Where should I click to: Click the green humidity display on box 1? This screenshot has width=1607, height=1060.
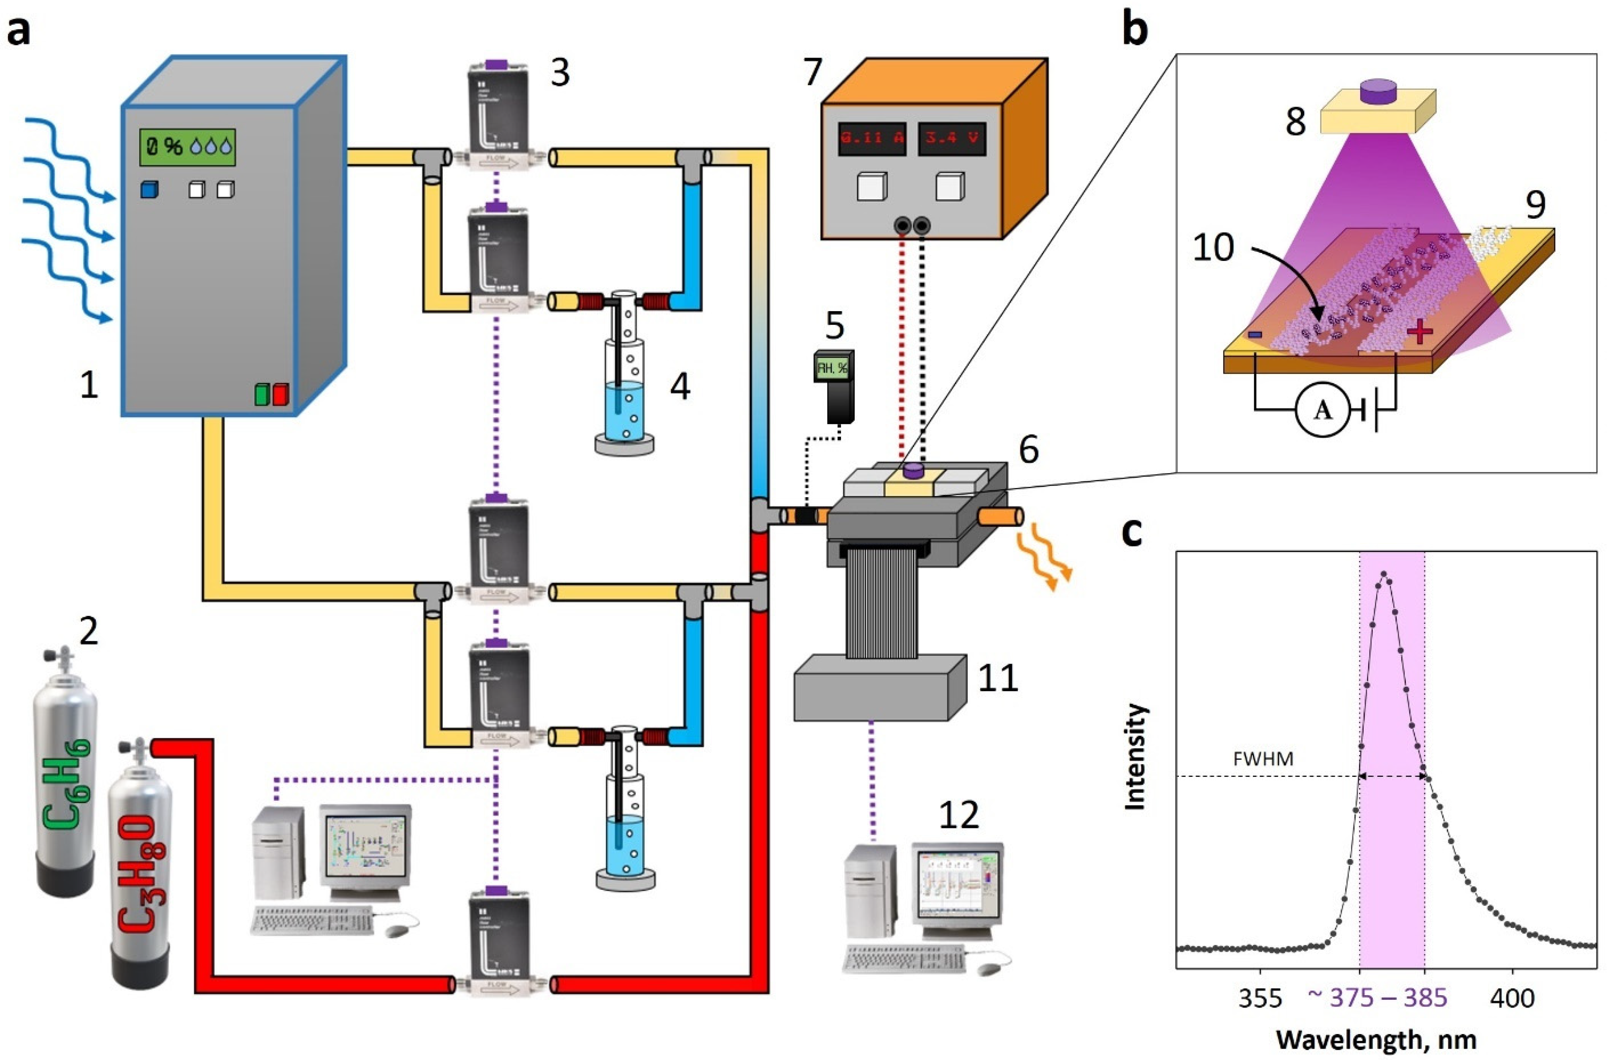click(187, 147)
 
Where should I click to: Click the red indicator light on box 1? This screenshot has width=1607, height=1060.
click(281, 393)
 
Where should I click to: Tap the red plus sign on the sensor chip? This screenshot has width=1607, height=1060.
click(1419, 331)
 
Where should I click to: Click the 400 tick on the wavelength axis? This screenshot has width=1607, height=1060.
click(1512, 997)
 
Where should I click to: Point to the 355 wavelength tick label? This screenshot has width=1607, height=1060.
click(1260, 997)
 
